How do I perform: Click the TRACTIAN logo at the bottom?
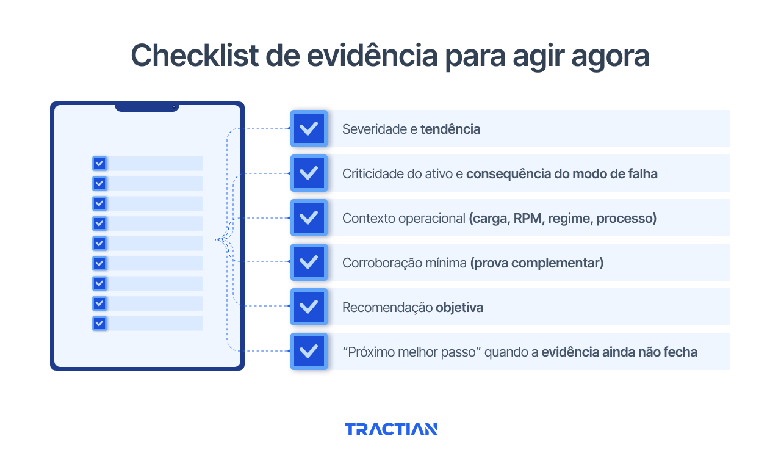[x=390, y=429]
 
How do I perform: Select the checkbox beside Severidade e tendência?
[x=309, y=129]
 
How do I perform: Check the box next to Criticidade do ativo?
[x=309, y=173]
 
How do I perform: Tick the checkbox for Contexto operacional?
[x=309, y=218]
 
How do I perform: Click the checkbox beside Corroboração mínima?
[x=309, y=263]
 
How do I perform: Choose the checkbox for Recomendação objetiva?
[x=309, y=307]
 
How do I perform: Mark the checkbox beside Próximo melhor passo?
[x=309, y=352]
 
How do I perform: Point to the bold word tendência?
[x=450, y=129]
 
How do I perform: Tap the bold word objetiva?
[x=459, y=308]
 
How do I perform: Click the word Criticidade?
[x=373, y=174]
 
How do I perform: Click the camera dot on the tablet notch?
[x=174, y=107]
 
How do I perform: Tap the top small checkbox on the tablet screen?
[x=99, y=164]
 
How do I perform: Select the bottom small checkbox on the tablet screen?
[x=99, y=323]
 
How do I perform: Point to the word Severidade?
[x=373, y=129]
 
